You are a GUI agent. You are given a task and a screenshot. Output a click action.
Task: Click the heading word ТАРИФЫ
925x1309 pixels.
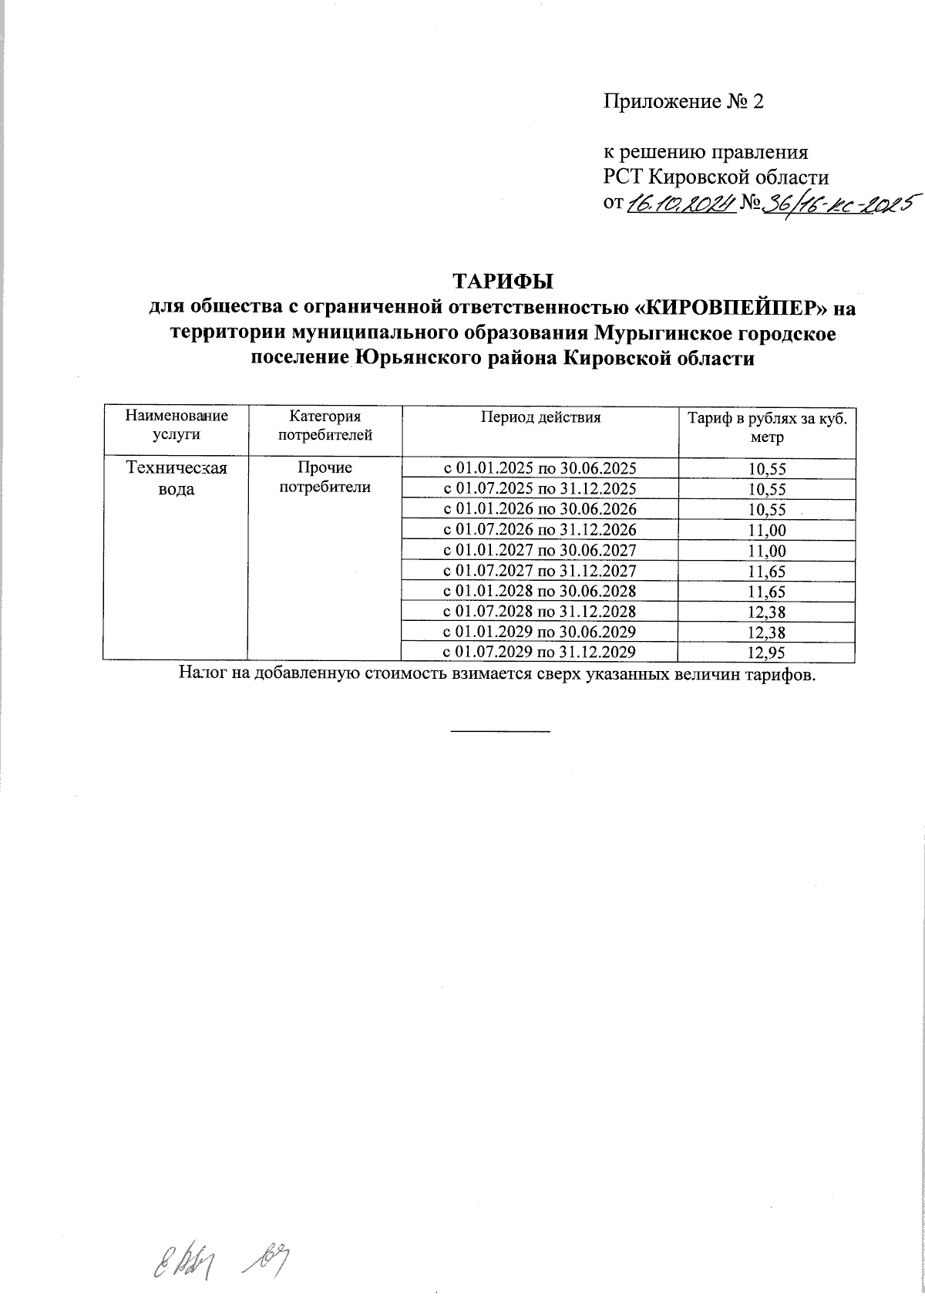[502, 278]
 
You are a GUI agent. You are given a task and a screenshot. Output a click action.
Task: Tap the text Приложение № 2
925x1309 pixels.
[683, 103]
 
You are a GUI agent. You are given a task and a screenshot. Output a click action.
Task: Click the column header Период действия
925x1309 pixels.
[540, 418]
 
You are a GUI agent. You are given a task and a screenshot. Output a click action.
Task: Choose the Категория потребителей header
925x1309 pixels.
[325, 426]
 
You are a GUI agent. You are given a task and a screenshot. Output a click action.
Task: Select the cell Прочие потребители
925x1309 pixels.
[325, 477]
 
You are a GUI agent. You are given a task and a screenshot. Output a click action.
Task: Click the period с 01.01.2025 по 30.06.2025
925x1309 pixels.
[540, 467]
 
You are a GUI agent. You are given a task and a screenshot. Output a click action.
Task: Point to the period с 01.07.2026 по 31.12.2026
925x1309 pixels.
[540, 529]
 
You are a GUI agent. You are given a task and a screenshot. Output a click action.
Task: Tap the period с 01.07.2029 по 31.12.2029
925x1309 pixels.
[540, 653]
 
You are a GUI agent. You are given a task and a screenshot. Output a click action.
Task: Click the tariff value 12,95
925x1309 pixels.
[766, 653]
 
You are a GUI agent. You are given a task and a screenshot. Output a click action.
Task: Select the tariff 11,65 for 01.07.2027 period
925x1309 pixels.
[766, 572]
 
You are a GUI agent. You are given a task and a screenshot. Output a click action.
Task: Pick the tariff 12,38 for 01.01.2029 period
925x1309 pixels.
[766, 633]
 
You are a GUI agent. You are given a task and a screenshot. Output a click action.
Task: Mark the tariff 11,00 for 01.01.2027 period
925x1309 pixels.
[766, 551]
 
